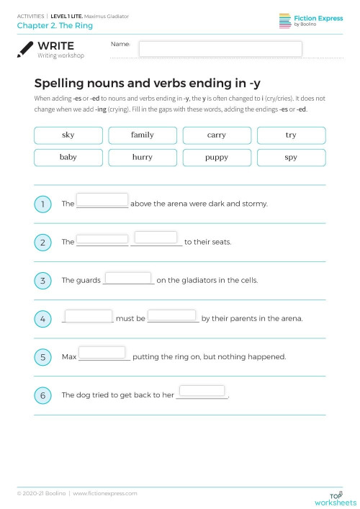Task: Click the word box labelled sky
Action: click(68, 135)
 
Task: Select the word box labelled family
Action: click(143, 135)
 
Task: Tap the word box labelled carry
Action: click(217, 135)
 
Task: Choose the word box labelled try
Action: click(291, 135)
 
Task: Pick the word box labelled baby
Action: click(68, 156)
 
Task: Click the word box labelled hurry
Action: click(143, 156)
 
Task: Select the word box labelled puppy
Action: click(217, 156)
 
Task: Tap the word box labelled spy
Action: click(291, 156)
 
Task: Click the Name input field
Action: click(220, 48)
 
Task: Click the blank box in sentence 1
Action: click(102, 199)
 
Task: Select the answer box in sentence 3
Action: click(128, 277)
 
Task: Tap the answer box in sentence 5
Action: click(102, 352)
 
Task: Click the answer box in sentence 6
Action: click(202, 391)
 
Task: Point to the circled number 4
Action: click(43, 319)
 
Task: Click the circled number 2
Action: click(43, 243)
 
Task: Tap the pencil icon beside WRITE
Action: click(26, 48)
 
